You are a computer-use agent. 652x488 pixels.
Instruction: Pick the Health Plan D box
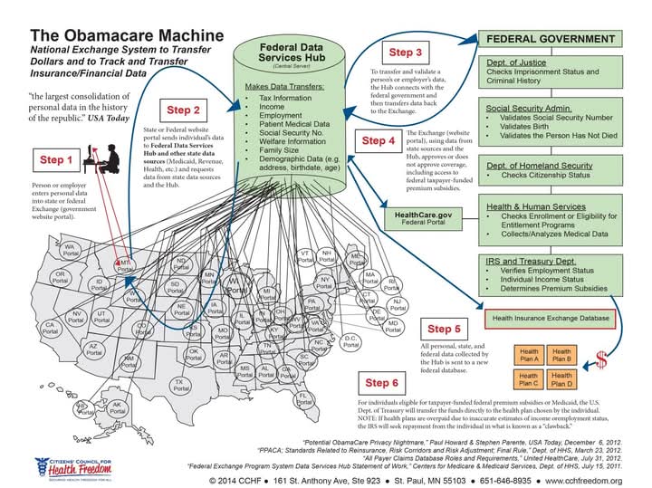(x=561, y=376)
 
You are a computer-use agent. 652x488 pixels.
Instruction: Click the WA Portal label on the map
(x=69, y=248)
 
